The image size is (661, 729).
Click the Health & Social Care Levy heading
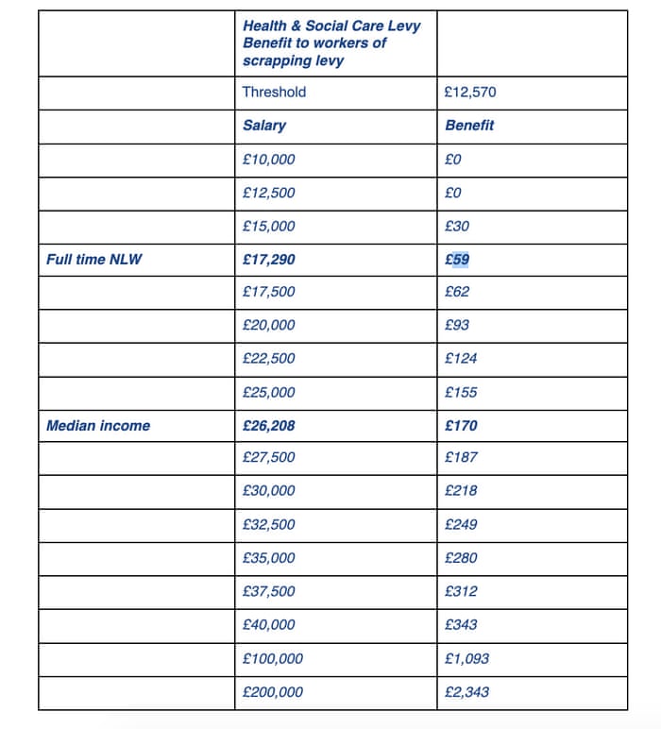point(330,42)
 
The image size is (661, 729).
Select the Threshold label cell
point(274,93)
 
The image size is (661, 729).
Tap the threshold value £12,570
point(469,93)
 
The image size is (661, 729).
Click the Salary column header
point(263,126)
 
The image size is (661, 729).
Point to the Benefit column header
point(468,126)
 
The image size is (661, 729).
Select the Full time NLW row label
point(94,259)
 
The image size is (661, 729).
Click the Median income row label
point(98,426)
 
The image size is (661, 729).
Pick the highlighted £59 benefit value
point(456,259)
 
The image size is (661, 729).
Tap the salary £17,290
point(269,259)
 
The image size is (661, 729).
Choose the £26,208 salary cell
point(269,426)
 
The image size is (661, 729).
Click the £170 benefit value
point(460,426)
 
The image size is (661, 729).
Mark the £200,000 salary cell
point(273,692)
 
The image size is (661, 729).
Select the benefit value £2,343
point(466,692)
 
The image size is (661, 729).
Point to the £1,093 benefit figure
point(466,658)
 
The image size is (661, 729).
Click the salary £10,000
point(269,160)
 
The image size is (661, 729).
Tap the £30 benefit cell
point(456,227)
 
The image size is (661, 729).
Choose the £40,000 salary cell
point(269,625)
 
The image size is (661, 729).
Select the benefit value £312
point(460,591)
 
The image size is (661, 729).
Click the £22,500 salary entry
point(269,359)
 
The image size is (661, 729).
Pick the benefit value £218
point(460,491)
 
